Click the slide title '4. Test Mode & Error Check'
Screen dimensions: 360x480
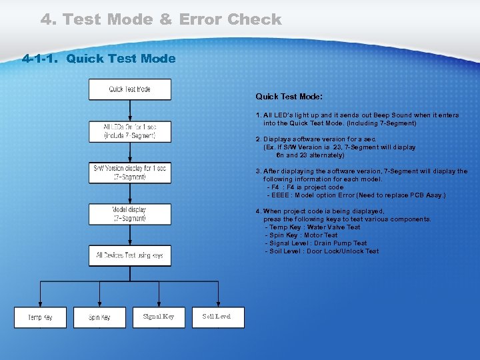point(161,19)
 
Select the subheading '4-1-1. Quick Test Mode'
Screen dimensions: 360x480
point(99,59)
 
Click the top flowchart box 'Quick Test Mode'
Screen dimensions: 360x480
point(129,89)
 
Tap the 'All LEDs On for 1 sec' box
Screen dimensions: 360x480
point(129,131)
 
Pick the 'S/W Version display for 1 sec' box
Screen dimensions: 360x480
point(129,172)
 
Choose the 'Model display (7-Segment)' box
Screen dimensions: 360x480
point(129,214)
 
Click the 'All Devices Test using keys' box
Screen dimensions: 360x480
point(129,255)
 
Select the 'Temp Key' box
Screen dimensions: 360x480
point(40,317)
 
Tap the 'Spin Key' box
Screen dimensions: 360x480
point(99,317)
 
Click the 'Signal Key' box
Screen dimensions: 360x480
point(159,317)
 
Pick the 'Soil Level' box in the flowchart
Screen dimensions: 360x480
point(217,317)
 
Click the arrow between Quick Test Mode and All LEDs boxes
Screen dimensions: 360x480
point(129,110)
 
